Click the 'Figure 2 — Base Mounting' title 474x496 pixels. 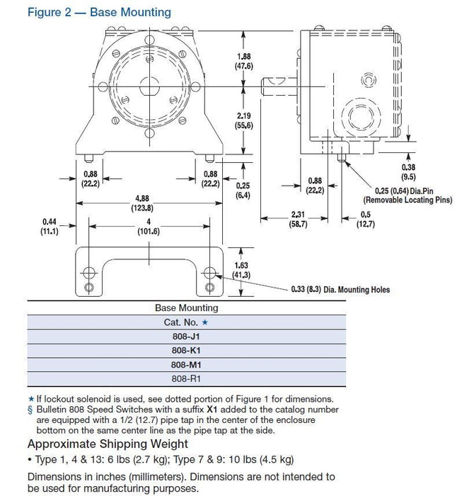coord(99,12)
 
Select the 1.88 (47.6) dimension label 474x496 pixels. coord(244,61)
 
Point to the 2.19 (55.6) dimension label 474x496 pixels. coord(244,120)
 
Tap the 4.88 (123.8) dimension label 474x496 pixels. coord(142,203)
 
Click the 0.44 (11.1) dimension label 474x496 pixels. coord(48,226)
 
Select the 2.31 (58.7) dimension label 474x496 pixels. coord(297,219)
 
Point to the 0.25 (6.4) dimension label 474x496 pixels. coord(243,190)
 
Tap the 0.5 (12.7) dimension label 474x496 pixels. coord(365,219)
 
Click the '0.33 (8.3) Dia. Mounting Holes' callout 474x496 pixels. coord(340,290)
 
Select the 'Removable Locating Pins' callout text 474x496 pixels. coord(412,199)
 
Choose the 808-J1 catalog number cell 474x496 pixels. coord(187,337)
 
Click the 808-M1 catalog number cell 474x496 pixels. coord(187,364)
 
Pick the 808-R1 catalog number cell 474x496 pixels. coord(187,378)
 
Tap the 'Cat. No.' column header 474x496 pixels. coord(187,322)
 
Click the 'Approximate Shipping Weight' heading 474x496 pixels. coord(108,444)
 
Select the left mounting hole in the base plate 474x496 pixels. coord(88,273)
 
